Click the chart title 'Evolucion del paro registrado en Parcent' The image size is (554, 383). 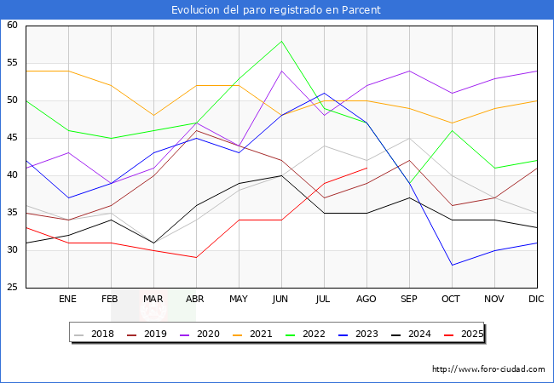pyautogui.click(x=276, y=10)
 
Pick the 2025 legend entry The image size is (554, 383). pyautogui.click(x=464, y=334)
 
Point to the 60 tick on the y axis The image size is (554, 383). pyautogui.click(x=13, y=26)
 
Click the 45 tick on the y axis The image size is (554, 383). pyautogui.click(x=13, y=138)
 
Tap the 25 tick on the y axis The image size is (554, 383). pyautogui.click(x=13, y=288)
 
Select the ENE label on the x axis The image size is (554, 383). pyautogui.click(x=68, y=300)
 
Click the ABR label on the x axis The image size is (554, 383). pyautogui.click(x=196, y=300)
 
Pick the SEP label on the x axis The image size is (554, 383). pyautogui.click(x=409, y=300)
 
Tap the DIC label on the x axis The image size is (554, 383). pyautogui.click(x=537, y=300)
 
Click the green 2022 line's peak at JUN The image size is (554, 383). pyautogui.click(x=281, y=41)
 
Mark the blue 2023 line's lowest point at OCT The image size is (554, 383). pyautogui.click(x=452, y=266)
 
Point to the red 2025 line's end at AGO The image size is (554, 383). pyautogui.click(x=366, y=168)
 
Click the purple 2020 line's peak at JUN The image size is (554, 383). pyautogui.click(x=281, y=71)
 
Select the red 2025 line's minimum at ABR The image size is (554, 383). pyautogui.click(x=196, y=258)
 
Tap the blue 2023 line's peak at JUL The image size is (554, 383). pyautogui.click(x=324, y=93)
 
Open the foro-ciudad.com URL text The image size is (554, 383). pyautogui.click(x=488, y=369)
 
